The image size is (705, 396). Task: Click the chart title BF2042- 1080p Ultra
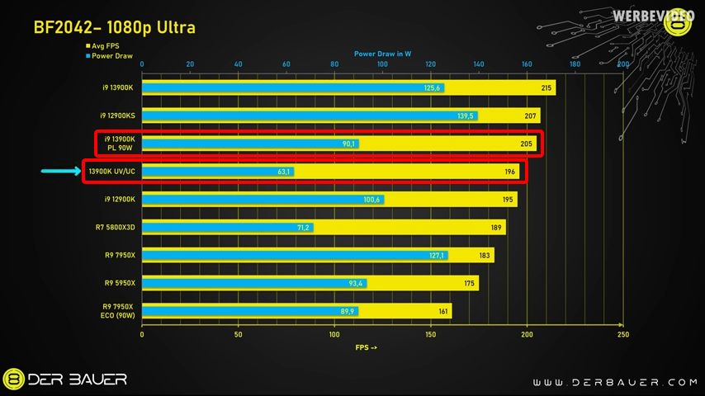pos(114,27)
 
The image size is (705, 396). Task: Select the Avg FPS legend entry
pos(103,46)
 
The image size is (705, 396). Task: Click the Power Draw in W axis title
pos(382,54)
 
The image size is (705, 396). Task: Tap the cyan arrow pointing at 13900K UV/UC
pos(60,172)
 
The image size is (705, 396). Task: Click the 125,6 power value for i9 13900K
pos(433,87)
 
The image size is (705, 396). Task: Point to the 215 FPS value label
pos(546,87)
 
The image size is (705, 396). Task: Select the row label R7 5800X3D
pos(116,227)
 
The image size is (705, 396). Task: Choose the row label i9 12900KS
pos(117,115)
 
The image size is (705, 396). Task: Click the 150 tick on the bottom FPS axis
pos(431,335)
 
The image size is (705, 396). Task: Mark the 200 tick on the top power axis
pos(623,64)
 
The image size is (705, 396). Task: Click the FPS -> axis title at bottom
pos(366,347)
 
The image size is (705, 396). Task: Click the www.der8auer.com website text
pos(614,382)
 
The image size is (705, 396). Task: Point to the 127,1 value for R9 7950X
pos(437,255)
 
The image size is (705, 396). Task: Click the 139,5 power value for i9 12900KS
pos(466,115)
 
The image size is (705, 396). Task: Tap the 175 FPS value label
pos(469,283)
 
